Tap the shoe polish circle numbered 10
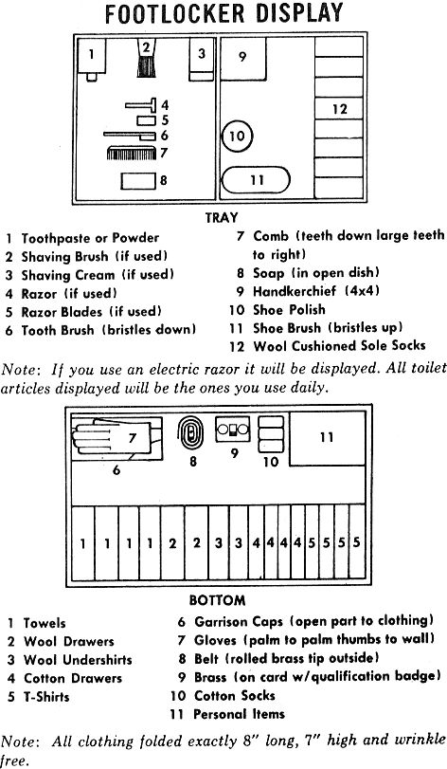pos(237,136)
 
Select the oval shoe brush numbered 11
pos(256,180)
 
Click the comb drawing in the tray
pos(132,153)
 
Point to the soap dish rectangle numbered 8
pos(138,180)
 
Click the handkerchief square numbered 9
pos(243,59)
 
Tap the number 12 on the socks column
pos(339,109)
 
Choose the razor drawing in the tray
pos(140,105)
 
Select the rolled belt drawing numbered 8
pos(190,433)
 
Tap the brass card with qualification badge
pos(233,430)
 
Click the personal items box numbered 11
pos(327,438)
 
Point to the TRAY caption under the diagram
pos(222,217)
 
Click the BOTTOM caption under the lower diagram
pos(218,600)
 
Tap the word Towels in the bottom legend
pos(45,623)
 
